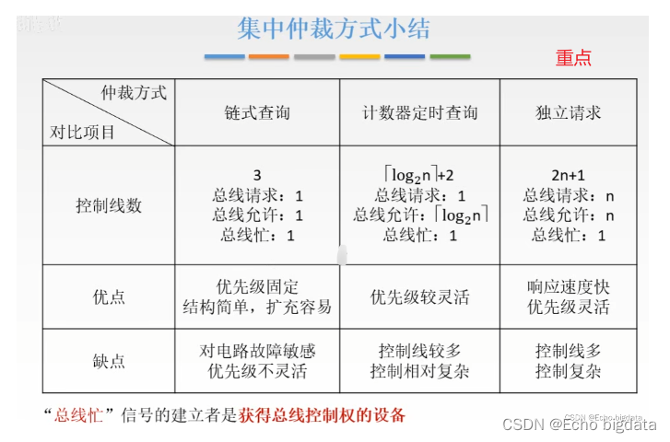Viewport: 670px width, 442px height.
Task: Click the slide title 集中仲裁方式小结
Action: [333, 28]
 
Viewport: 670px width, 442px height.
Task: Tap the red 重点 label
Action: [573, 57]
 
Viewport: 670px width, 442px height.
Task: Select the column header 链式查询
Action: [257, 113]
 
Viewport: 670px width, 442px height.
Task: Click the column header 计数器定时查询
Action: [419, 113]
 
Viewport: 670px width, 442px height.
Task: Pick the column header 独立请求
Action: [569, 113]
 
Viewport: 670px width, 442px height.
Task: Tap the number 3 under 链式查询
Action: [257, 175]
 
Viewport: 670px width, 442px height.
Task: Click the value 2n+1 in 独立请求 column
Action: [569, 175]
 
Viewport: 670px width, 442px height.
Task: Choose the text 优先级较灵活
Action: [419, 297]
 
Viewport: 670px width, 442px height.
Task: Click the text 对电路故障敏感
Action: [257, 351]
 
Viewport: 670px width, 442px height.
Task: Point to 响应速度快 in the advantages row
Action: [569, 286]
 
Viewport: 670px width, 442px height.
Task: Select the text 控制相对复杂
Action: [419, 372]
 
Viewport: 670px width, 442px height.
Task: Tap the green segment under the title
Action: [450, 56]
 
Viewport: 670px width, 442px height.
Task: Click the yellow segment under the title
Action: [359, 56]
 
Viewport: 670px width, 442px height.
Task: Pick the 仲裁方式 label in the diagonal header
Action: [134, 93]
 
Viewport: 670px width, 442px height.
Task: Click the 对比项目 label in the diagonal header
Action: [83, 132]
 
